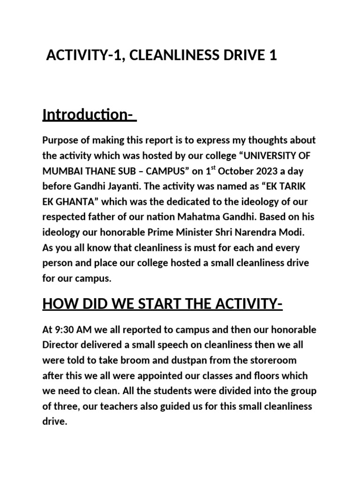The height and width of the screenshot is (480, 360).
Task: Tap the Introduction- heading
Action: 89,115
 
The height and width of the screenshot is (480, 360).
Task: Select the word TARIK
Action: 297,186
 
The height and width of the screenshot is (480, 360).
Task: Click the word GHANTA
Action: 77,202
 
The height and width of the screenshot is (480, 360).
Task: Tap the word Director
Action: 64,345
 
